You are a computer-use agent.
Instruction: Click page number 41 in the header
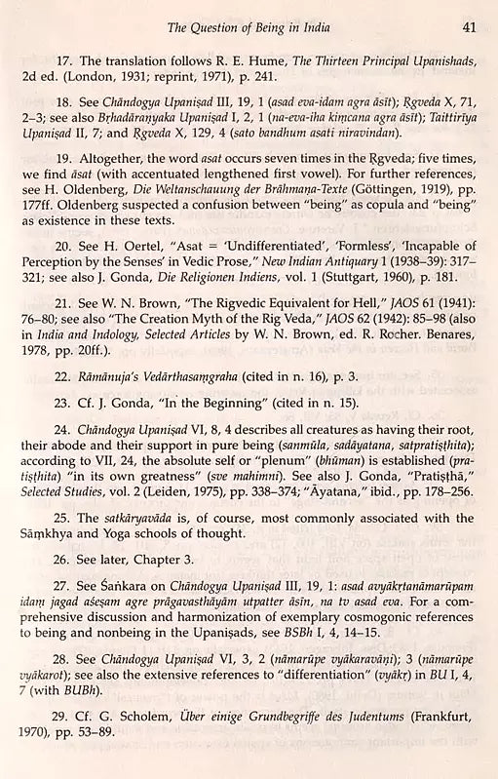[x=469, y=27]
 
